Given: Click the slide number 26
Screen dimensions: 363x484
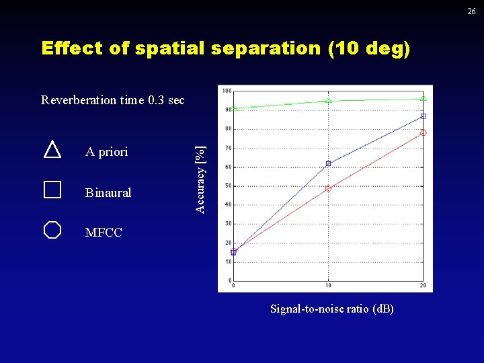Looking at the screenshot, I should pyautogui.click(x=471, y=11).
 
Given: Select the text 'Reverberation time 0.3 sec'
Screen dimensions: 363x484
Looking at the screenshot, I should pyautogui.click(x=112, y=100).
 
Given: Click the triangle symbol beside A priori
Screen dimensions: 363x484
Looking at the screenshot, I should pyautogui.click(x=52, y=149).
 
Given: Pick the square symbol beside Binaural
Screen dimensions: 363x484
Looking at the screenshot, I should pyautogui.click(x=52, y=190).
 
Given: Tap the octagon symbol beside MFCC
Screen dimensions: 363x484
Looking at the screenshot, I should pyautogui.click(x=52, y=230).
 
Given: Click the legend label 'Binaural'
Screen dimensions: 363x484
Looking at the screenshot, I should pyautogui.click(x=108, y=193).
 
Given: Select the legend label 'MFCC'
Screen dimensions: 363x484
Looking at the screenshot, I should pyautogui.click(x=104, y=233).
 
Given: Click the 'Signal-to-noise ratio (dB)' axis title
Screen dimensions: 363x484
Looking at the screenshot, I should pyautogui.click(x=332, y=309).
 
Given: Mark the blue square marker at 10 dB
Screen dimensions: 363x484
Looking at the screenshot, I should pyautogui.click(x=328, y=163).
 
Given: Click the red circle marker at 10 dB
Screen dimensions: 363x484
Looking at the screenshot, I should pyautogui.click(x=328, y=189).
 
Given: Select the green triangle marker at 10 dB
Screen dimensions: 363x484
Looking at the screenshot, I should pyautogui.click(x=328, y=100).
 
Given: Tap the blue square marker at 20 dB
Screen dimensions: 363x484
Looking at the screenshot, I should pyautogui.click(x=423, y=116).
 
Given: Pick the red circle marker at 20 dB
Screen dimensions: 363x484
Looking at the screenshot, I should pyautogui.click(x=423, y=132).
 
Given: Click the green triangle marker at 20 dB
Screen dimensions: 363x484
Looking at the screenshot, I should pyautogui.click(x=423, y=98).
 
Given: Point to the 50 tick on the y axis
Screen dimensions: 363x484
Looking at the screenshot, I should pyautogui.click(x=228, y=186).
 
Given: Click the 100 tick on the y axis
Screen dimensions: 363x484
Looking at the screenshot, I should pyautogui.click(x=227, y=91).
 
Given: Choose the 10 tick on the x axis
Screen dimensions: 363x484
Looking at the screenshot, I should pyautogui.click(x=328, y=285).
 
